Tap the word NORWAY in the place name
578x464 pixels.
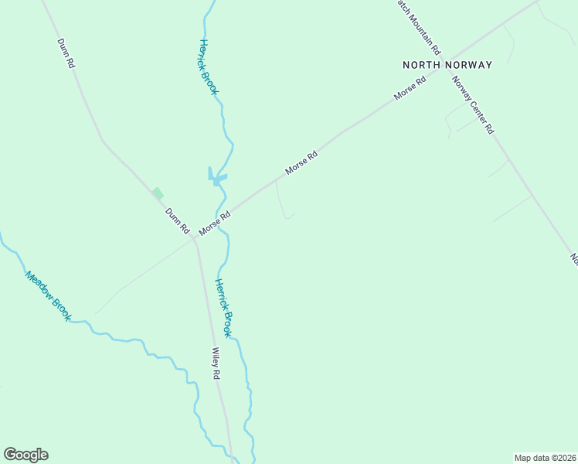point(468,65)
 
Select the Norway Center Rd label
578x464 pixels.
point(473,105)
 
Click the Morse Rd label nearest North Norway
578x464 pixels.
point(410,89)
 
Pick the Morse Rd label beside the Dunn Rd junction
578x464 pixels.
point(215,224)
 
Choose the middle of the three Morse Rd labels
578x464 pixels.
point(301,163)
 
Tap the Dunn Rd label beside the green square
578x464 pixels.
point(177,220)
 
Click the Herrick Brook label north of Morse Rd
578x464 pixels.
point(209,67)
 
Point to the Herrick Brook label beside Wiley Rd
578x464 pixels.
point(223,308)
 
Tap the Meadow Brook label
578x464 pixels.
point(48,295)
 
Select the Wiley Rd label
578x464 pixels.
point(216,363)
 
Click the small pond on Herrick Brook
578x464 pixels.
point(216,179)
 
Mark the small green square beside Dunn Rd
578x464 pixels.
point(158,193)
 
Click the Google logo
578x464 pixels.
point(25,455)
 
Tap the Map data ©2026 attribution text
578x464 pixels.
point(545,457)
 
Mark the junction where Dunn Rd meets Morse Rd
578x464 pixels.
point(194,239)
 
